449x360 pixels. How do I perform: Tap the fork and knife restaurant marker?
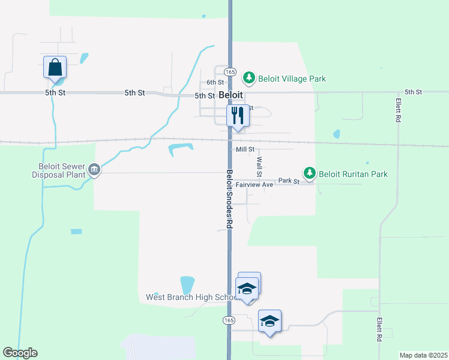coord(238,115)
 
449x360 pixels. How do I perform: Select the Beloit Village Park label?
coord(292,79)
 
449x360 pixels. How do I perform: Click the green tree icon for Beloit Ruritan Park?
coord(309,173)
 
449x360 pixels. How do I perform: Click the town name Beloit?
coord(231,95)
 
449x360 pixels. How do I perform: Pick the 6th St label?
coord(215,82)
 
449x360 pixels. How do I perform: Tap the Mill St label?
coord(245,149)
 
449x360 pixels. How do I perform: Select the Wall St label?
coord(259,167)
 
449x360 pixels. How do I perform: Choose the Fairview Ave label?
coord(254,185)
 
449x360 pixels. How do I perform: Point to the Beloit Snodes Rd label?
coord(229,198)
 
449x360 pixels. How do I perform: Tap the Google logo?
coord(20,353)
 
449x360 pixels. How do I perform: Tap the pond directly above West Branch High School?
coord(187,284)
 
